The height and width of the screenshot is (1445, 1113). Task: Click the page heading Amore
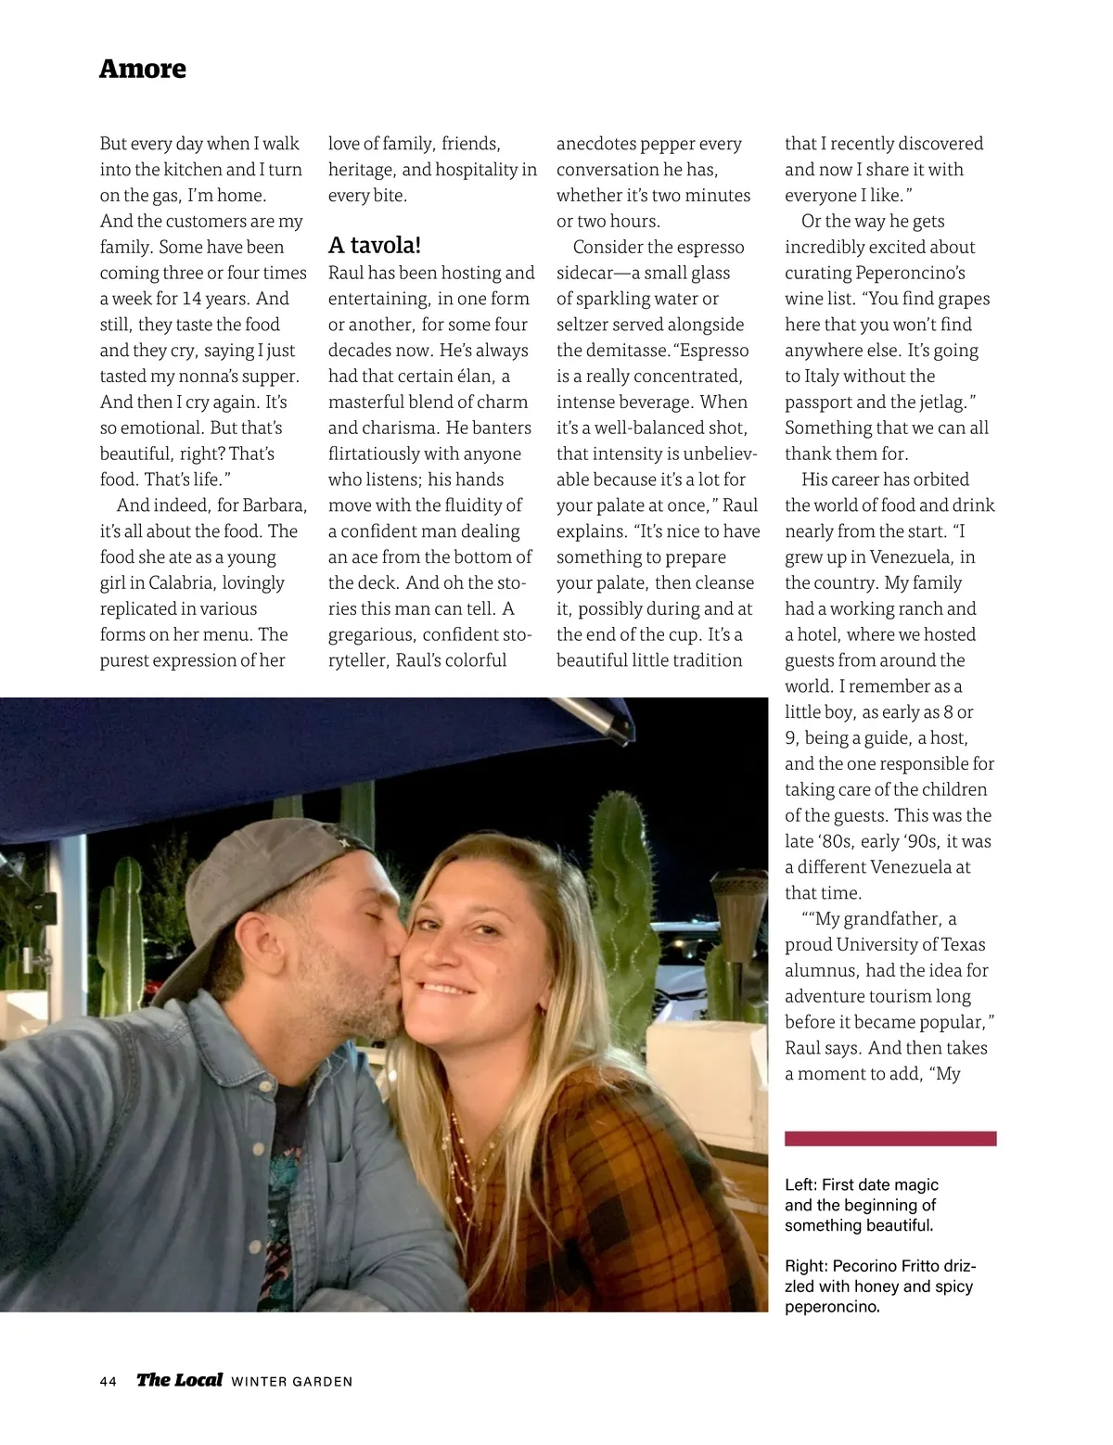(x=142, y=69)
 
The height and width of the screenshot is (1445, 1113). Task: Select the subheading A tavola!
(x=375, y=246)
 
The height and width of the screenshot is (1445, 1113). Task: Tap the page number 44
(x=109, y=1381)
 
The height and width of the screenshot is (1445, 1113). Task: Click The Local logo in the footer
(x=179, y=1380)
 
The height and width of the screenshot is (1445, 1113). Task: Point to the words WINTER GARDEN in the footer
(x=291, y=1382)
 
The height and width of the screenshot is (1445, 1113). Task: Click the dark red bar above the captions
(x=890, y=1138)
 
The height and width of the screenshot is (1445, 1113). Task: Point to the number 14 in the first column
(x=191, y=299)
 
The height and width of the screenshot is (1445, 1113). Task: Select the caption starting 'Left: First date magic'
(x=861, y=1205)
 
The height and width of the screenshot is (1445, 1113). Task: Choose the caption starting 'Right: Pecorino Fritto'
(x=879, y=1286)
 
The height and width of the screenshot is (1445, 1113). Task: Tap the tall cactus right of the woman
(x=620, y=863)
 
